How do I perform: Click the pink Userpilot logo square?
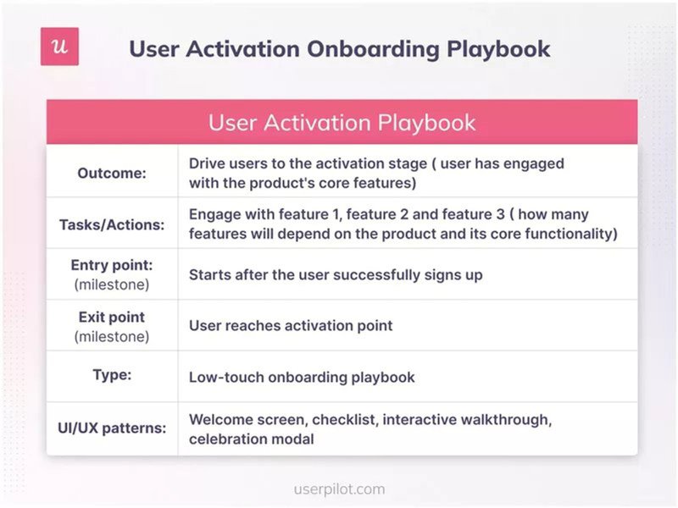59,47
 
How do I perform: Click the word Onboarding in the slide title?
358,48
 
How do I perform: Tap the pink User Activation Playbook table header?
342,121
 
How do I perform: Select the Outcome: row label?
112,173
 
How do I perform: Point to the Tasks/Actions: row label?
112,224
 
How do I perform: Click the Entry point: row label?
112,266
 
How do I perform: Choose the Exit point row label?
112,317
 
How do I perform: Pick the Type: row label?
112,375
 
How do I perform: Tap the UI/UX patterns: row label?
112,428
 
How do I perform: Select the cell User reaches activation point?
291,325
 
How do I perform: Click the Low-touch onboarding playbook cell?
302,377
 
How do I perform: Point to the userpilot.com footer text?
339,489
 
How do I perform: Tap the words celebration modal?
251,439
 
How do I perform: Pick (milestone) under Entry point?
112,284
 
